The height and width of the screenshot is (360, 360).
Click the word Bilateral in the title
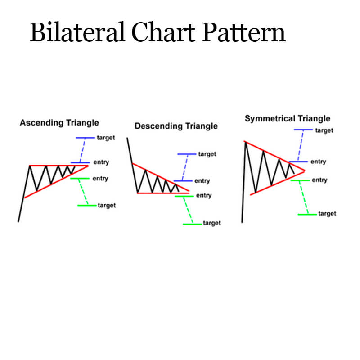(x=77, y=32)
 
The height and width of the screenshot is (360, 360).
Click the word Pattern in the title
(x=243, y=32)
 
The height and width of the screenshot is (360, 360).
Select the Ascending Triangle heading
(x=59, y=123)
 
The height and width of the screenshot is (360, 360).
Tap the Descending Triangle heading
(x=176, y=126)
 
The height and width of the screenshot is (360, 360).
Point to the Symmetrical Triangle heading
(x=288, y=119)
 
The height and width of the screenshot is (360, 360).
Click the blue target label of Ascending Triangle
(x=106, y=138)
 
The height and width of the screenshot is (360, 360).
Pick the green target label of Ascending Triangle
(x=107, y=206)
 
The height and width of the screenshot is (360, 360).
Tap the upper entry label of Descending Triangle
(x=202, y=181)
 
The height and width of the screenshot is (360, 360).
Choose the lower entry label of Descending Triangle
(x=204, y=195)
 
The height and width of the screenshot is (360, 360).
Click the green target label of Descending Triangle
(x=212, y=223)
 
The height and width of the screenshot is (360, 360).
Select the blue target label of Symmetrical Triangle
(x=324, y=130)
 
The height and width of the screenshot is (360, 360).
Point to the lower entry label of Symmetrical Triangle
(x=319, y=180)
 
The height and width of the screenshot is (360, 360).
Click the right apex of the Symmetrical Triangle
(x=305, y=171)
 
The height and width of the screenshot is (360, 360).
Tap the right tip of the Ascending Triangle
(x=88, y=166)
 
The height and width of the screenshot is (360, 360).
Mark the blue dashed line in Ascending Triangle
(x=82, y=150)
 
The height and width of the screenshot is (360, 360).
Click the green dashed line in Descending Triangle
(x=188, y=210)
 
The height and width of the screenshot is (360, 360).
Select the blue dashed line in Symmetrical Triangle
(x=301, y=145)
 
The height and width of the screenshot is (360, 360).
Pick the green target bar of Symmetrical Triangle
(x=307, y=215)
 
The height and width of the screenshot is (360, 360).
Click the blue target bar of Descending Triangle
(x=187, y=154)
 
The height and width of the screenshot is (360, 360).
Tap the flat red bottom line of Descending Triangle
(x=163, y=193)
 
